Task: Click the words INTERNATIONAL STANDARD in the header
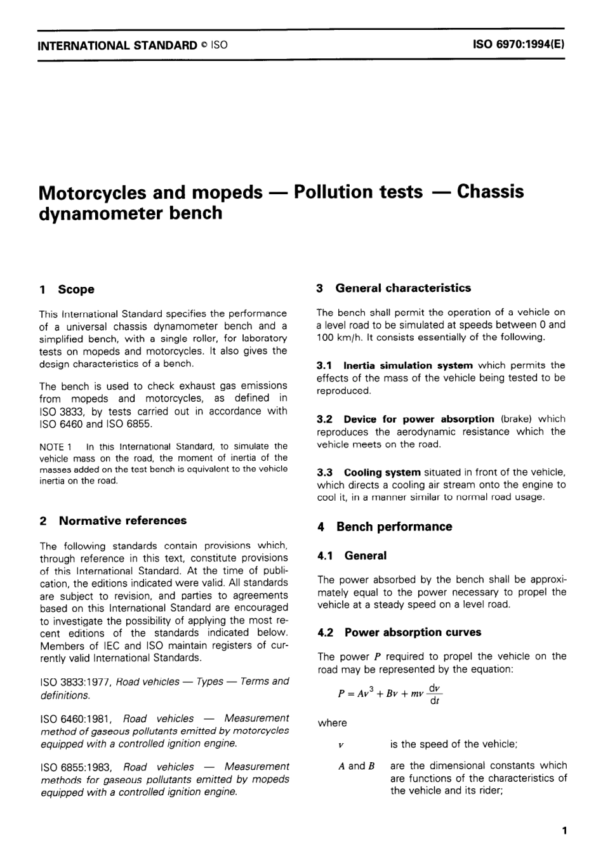click(x=118, y=46)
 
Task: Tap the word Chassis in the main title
click(x=490, y=192)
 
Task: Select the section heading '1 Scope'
click(x=67, y=289)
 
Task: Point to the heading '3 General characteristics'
click(x=394, y=288)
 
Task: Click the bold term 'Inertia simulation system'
click(x=408, y=366)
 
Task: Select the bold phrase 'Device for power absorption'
click(x=418, y=419)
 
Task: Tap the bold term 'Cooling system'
click(x=382, y=472)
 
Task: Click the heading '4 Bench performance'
click(x=385, y=527)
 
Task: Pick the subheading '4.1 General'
click(x=352, y=556)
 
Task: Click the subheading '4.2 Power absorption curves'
click(x=399, y=632)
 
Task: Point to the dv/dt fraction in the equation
click(x=435, y=694)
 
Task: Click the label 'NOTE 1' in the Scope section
click(x=54, y=446)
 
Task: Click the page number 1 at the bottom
click(x=564, y=830)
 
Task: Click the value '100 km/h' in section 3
click(x=339, y=337)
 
